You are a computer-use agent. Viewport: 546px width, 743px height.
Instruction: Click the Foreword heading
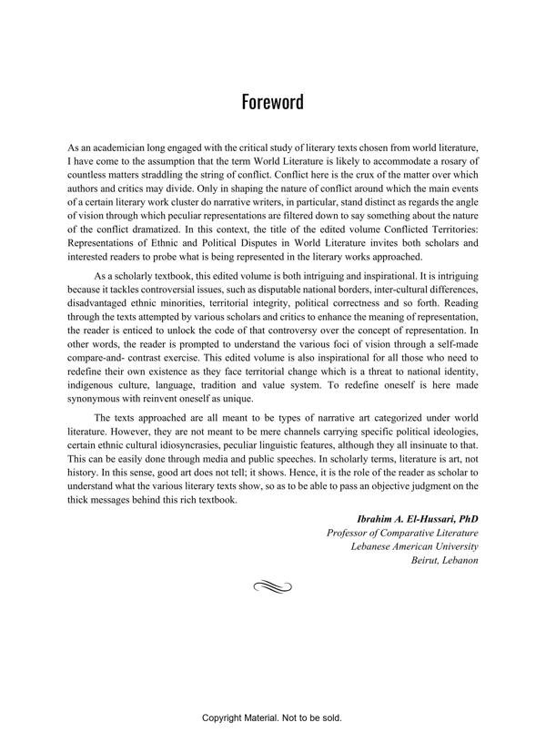pos(272,101)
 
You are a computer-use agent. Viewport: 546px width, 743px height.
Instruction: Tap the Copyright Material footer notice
pos(272,718)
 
